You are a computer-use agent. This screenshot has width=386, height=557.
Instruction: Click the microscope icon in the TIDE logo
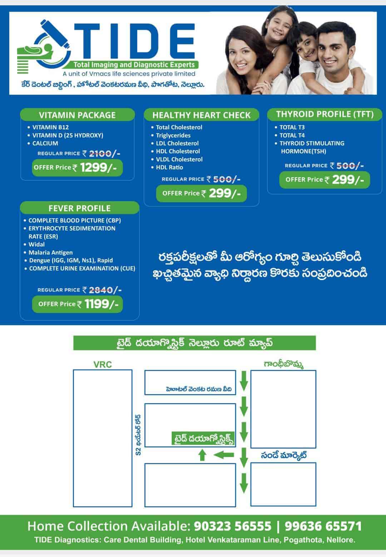pyautogui.click(x=44, y=47)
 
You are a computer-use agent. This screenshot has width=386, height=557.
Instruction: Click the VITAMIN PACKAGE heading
pyautogui.click(x=77, y=115)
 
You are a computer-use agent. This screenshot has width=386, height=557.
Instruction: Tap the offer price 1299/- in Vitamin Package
pyautogui.click(x=98, y=168)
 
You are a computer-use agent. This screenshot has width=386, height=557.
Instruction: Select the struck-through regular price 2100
pyautogui.click(x=100, y=154)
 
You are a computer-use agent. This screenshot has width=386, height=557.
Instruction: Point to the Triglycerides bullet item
pyautogui.click(x=173, y=135)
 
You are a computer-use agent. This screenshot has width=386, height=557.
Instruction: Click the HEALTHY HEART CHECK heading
pyautogui.click(x=202, y=115)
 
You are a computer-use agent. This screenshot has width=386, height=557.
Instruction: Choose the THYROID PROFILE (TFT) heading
pyautogui.click(x=325, y=114)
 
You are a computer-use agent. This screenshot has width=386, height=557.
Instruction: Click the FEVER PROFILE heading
pyautogui.click(x=80, y=208)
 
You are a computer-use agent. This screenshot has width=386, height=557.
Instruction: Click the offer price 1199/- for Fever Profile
pyautogui.click(x=101, y=304)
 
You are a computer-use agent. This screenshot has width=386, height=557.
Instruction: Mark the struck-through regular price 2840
pyautogui.click(x=101, y=290)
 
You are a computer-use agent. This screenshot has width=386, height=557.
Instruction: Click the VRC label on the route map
pyautogui.click(x=103, y=365)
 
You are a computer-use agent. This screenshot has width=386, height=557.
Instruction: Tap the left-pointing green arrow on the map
pyautogui.click(x=224, y=455)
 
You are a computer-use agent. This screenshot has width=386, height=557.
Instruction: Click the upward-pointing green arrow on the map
pyautogui.click(x=202, y=455)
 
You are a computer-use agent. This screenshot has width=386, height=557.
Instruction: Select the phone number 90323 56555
pyautogui.click(x=233, y=526)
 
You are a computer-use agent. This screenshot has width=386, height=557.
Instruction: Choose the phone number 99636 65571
pyautogui.click(x=323, y=526)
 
